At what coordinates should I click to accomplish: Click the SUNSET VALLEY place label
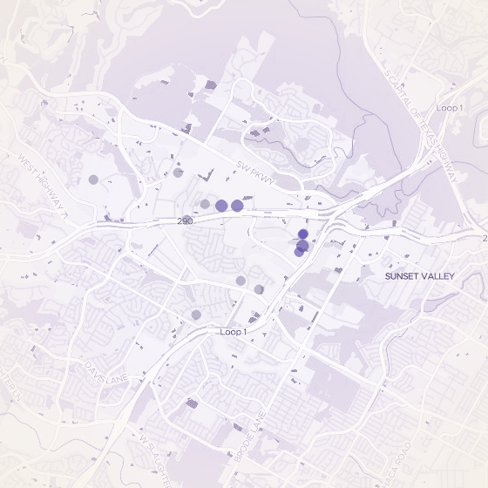pyautogui.click(x=420, y=276)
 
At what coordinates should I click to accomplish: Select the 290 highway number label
pyautogui.click(x=184, y=221)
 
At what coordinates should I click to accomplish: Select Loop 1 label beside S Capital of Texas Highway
pyautogui.click(x=449, y=107)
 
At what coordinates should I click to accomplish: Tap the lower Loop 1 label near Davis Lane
pyautogui.click(x=234, y=332)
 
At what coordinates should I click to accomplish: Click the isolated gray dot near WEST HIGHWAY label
pyautogui.click(x=93, y=180)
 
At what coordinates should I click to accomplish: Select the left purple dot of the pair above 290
pyautogui.click(x=221, y=206)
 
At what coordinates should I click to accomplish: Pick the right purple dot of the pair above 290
pyautogui.click(x=237, y=206)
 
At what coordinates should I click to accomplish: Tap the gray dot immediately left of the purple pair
pyautogui.click(x=205, y=204)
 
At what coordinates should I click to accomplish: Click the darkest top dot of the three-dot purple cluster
pyautogui.click(x=303, y=234)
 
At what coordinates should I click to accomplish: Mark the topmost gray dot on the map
pyautogui.click(x=178, y=173)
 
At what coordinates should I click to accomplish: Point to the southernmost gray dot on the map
pyautogui.click(x=196, y=315)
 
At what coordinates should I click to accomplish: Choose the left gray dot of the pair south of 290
pyautogui.click(x=241, y=281)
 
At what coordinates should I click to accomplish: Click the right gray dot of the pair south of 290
pyautogui.click(x=259, y=289)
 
